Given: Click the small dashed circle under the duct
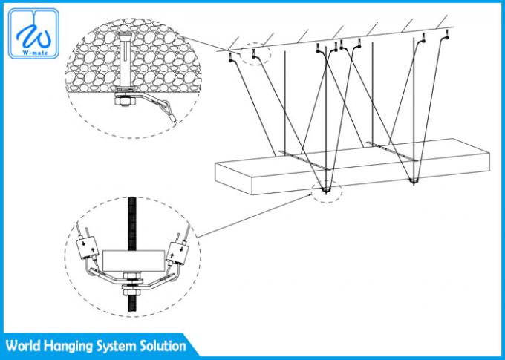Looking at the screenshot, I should (x=325, y=192).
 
